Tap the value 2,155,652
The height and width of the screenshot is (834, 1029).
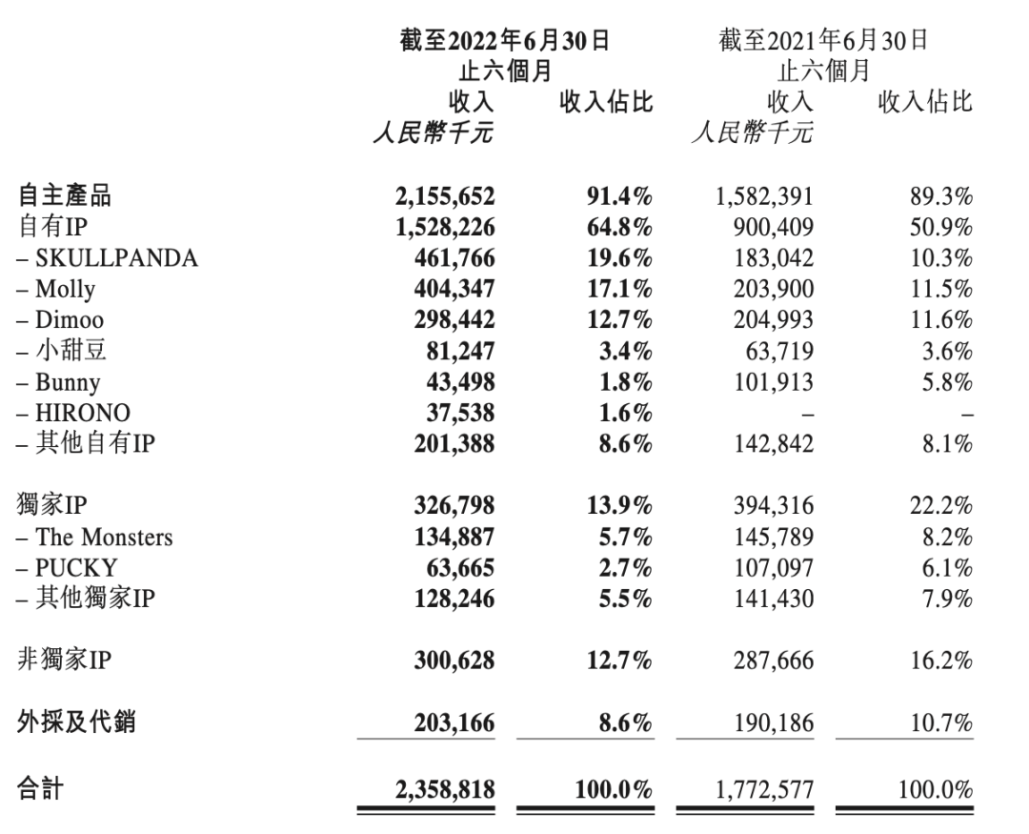(444, 196)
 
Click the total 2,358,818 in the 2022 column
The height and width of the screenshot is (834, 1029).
(444, 789)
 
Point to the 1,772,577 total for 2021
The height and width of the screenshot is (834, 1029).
(764, 789)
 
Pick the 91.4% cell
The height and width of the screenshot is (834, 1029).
(619, 196)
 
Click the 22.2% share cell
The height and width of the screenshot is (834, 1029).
(940, 507)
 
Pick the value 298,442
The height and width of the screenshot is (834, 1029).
(454, 320)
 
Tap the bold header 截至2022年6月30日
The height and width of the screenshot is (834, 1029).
(504, 41)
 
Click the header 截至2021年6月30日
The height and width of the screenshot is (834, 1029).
(823, 41)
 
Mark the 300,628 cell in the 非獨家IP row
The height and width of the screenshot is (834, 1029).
(454, 661)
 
